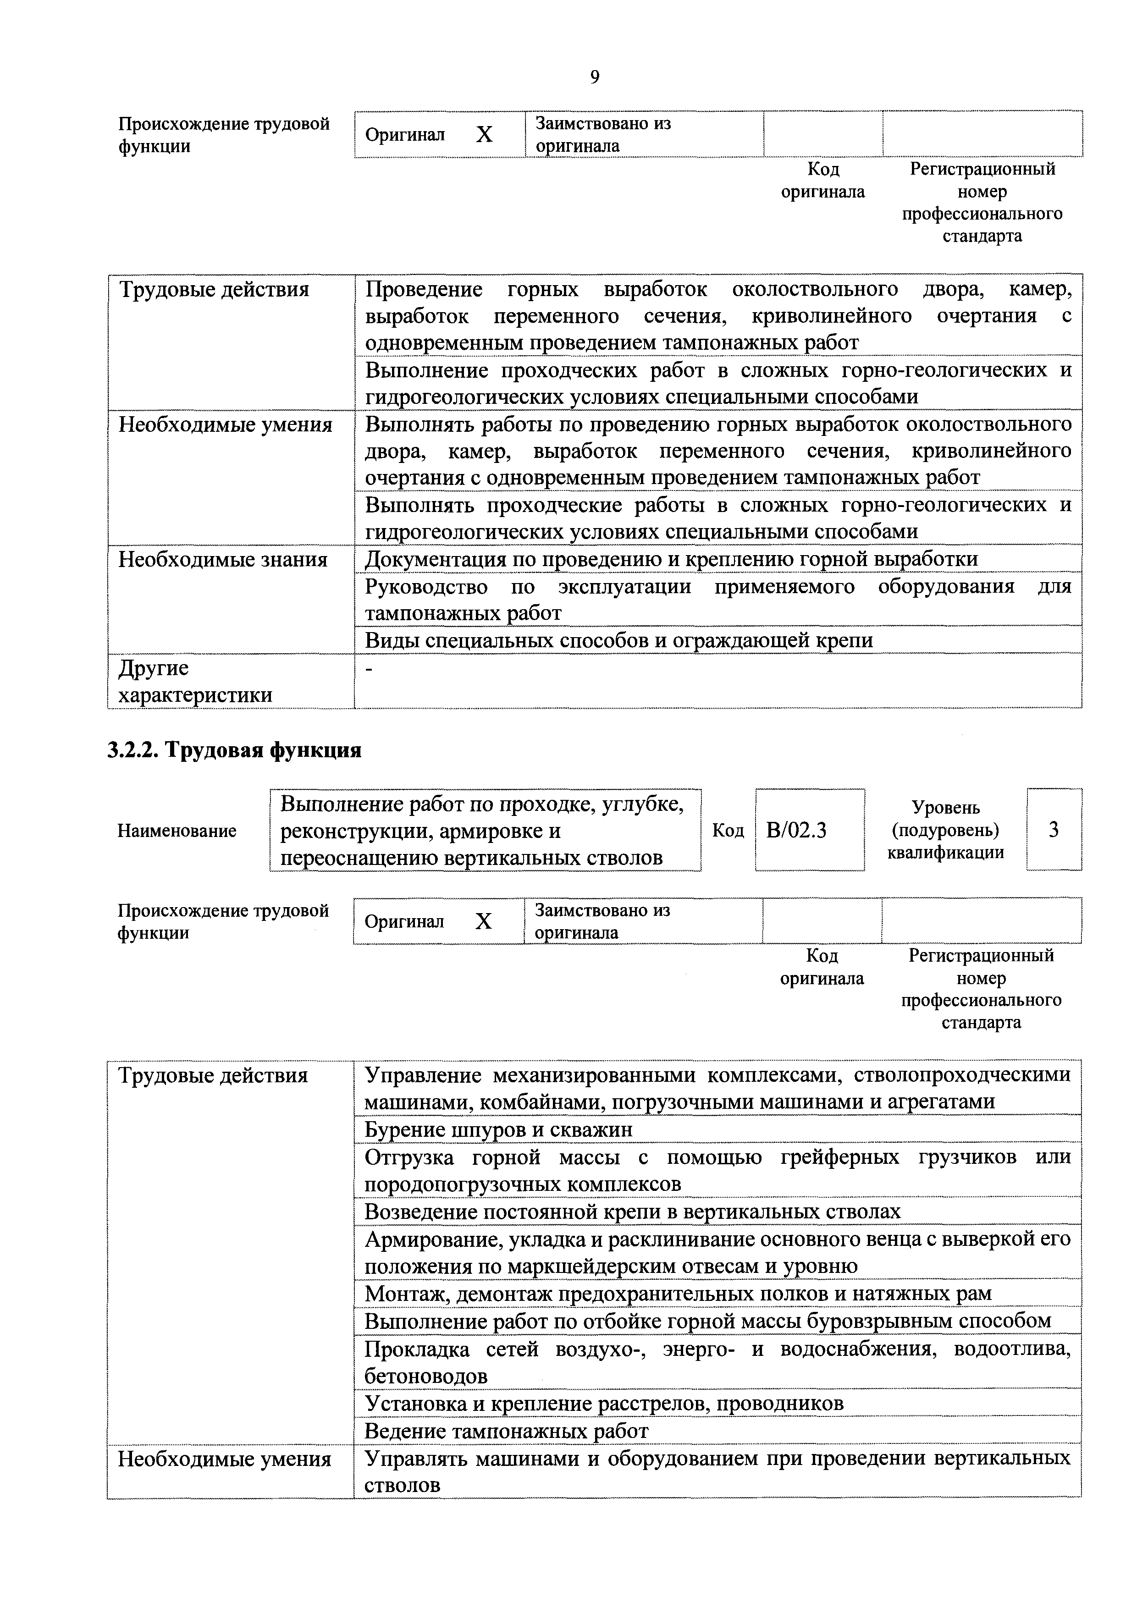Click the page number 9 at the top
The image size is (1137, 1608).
click(x=594, y=77)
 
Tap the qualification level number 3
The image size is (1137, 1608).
click(x=1053, y=830)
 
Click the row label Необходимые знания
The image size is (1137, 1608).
click(x=223, y=560)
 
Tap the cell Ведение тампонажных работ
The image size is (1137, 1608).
click(x=506, y=1430)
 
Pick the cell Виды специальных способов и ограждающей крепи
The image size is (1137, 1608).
click(x=618, y=640)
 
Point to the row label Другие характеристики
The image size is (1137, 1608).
click(x=195, y=682)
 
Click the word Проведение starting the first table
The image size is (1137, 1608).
click(x=424, y=289)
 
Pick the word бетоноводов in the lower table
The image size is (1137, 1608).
click(x=425, y=1376)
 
